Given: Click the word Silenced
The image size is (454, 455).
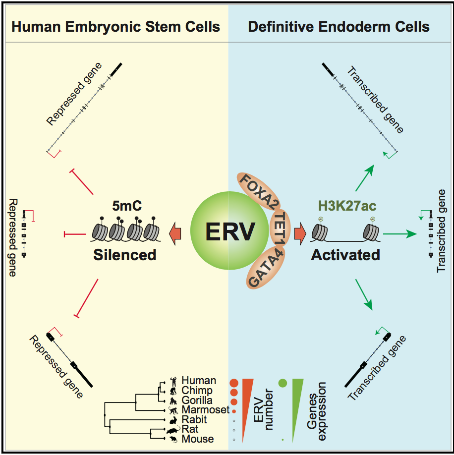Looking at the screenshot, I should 125,255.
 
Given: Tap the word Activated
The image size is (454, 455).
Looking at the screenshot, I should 345,255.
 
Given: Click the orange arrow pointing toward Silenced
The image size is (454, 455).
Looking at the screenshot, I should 175,233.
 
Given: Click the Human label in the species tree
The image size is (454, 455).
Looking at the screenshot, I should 198,381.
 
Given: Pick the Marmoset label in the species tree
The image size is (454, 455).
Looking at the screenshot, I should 204,410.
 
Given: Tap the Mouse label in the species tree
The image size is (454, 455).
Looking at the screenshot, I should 198,439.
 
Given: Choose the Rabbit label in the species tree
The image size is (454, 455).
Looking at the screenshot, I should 195,419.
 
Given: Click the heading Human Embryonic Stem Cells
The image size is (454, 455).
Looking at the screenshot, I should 116,27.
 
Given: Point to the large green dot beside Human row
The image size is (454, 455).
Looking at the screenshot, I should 283,382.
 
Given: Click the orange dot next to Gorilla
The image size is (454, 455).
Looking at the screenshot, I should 233,401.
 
